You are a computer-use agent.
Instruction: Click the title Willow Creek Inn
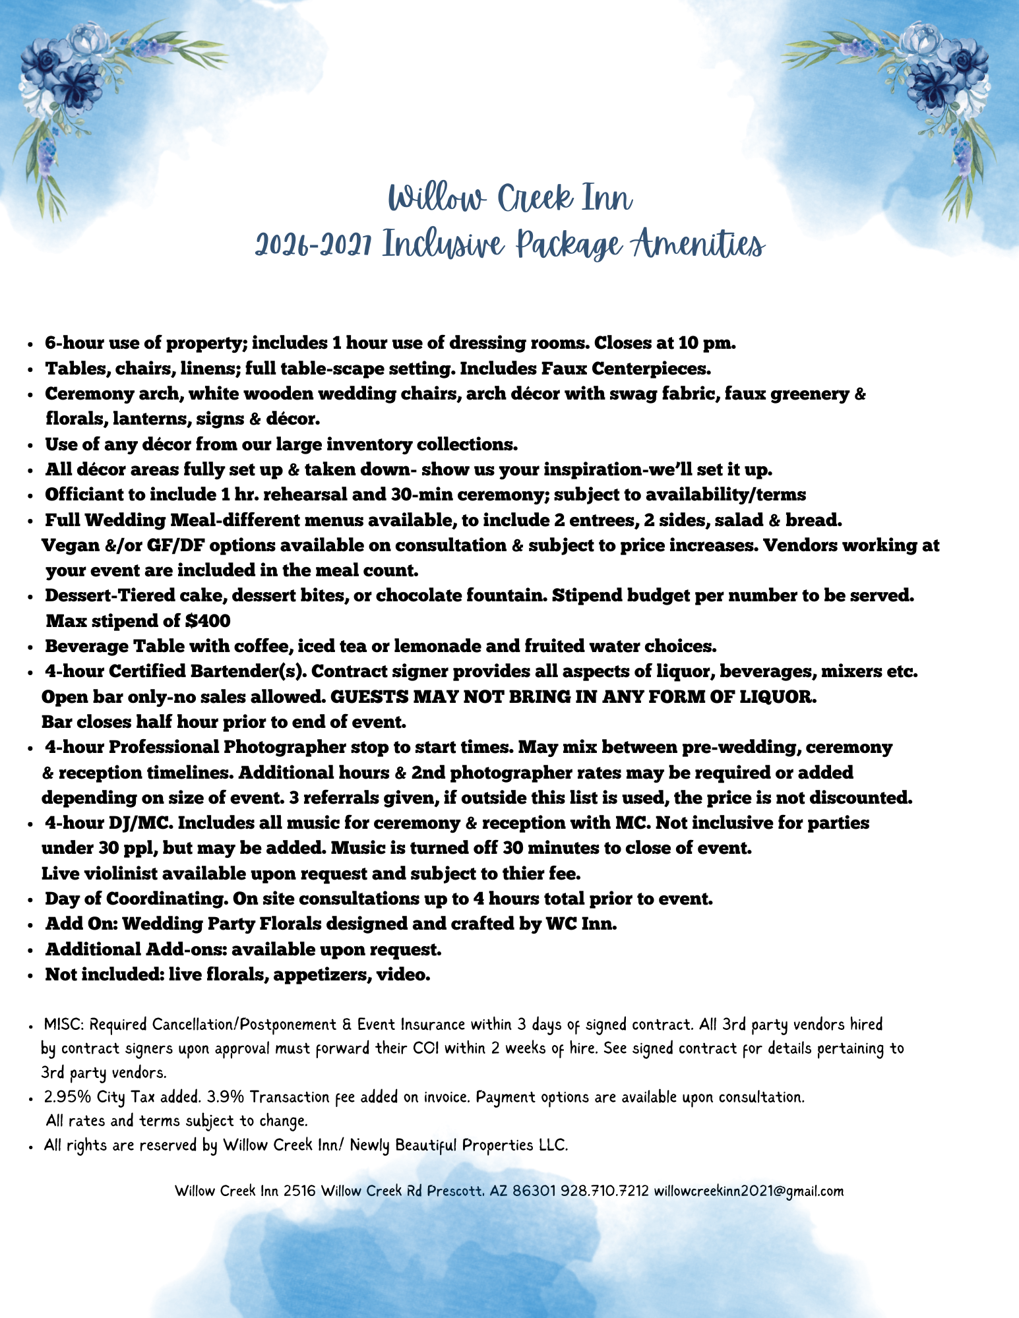pyautogui.click(x=510, y=198)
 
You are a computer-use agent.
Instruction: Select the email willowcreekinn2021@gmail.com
pyautogui.click(x=748, y=1191)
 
